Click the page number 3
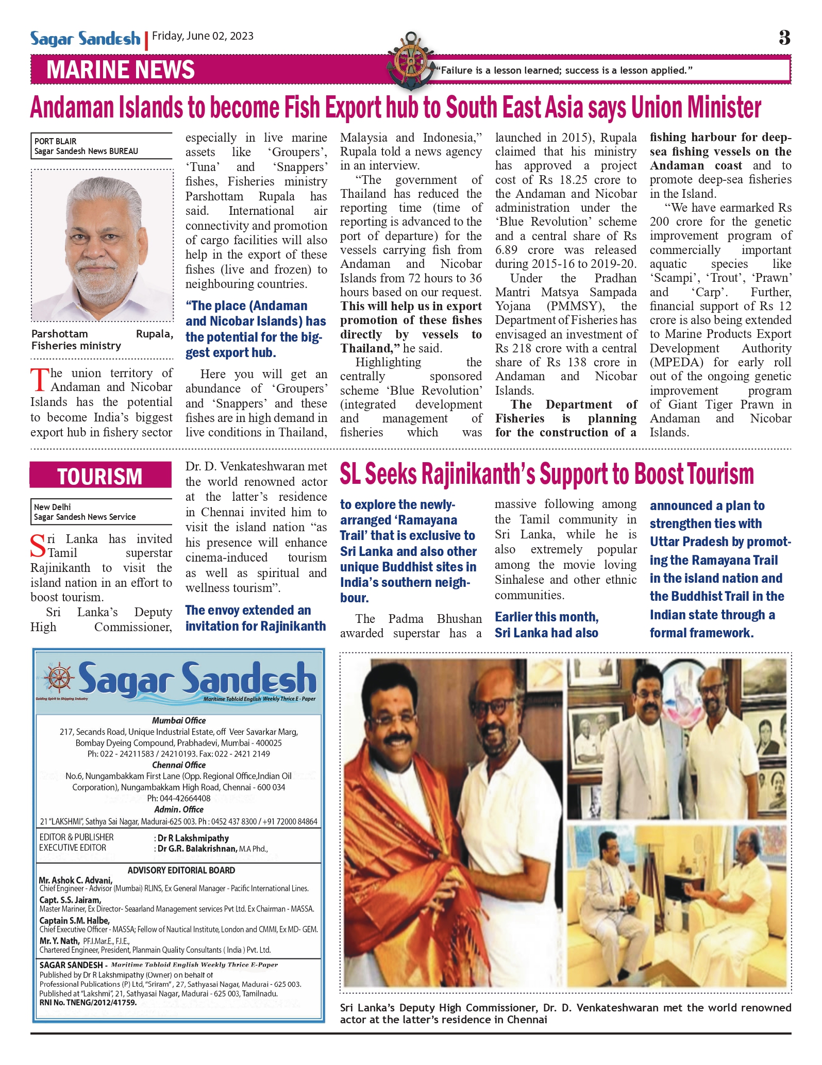784,38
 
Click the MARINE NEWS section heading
121,70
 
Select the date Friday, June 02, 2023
203,36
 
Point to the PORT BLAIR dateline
56,141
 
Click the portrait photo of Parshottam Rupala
102,246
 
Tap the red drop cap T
40,380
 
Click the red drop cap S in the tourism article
38,546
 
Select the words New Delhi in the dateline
53,507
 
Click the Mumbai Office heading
179,720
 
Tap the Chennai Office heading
179,765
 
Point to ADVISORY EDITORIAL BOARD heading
181,870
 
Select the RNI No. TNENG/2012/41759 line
88,1003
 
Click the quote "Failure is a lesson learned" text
564,71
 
